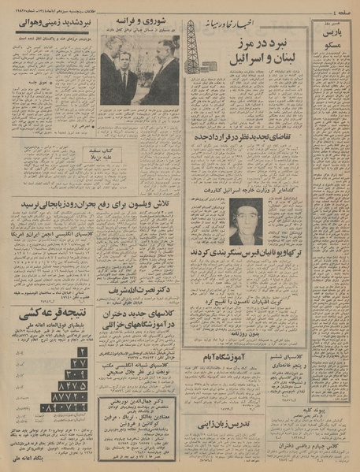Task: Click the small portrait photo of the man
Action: click(246, 221)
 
